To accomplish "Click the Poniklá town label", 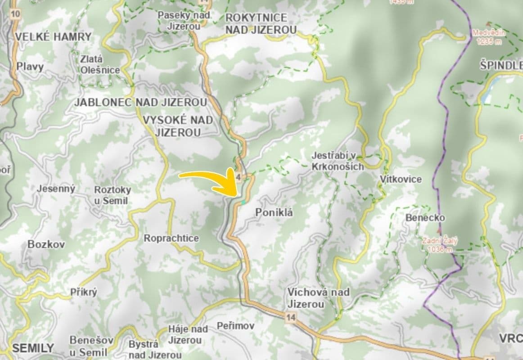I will pyautogui.click(x=274, y=212).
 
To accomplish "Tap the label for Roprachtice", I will pyautogui.click(x=171, y=238).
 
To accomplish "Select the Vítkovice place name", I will pyautogui.click(x=401, y=179).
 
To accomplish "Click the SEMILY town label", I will pyautogui.click(x=33, y=348).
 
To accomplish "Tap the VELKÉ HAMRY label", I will pyautogui.click(x=53, y=37).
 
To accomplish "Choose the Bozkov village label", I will pyautogui.click(x=46, y=244).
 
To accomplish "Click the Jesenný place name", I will pyautogui.click(x=56, y=189).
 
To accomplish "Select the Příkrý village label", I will pyautogui.click(x=84, y=292).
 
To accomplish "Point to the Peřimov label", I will pyautogui.click(x=235, y=325).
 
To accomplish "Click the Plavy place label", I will pyautogui.click(x=30, y=67).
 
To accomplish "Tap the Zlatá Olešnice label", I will pyautogui.click(x=100, y=64).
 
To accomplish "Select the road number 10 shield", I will pyautogui.click(x=15, y=13).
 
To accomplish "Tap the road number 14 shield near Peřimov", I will pyautogui.click(x=291, y=318).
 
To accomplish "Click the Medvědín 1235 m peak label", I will pyautogui.click(x=489, y=37).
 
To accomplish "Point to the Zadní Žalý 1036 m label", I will pyautogui.click(x=439, y=245).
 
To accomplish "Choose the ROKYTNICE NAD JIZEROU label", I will pyautogui.click(x=261, y=24).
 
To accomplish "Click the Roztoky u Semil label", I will pyautogui.click(x=112, y=195).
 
